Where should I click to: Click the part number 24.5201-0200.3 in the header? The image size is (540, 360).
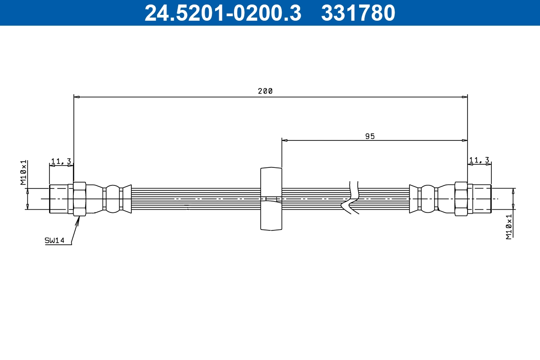coord(223,13)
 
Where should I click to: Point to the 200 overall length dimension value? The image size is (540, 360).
coord(265,91)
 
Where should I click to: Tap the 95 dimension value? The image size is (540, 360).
coord(370,136)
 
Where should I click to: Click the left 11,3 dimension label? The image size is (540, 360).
coord(61,161)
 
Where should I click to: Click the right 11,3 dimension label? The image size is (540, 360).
coord(479,160)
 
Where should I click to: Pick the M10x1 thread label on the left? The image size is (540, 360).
coord(23,172)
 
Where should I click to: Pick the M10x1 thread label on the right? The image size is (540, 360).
coord(509,226)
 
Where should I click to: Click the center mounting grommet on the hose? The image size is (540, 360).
coord(271,198)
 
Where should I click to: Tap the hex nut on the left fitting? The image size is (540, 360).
coord(79,198)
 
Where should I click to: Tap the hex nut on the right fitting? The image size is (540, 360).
coord(461,198)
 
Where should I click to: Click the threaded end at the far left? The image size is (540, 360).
coord(58,198)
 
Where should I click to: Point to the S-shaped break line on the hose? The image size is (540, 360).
coord(351,198)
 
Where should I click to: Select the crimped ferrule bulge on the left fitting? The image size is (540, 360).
coord(112,198)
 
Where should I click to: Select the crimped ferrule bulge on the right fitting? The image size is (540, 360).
coord(427,198)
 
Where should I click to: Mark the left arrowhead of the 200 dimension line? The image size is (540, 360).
coord(76,97)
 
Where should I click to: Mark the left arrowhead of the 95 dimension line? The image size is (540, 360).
coord(284,140)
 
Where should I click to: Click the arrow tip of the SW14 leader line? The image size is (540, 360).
coord(79,217)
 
